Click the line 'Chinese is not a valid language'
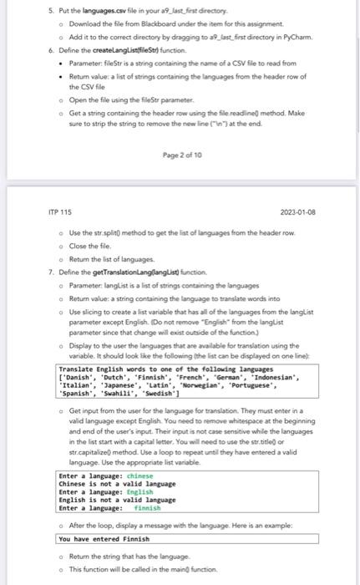click(x=117, y=484)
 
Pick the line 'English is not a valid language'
click(x=117, y=500)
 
